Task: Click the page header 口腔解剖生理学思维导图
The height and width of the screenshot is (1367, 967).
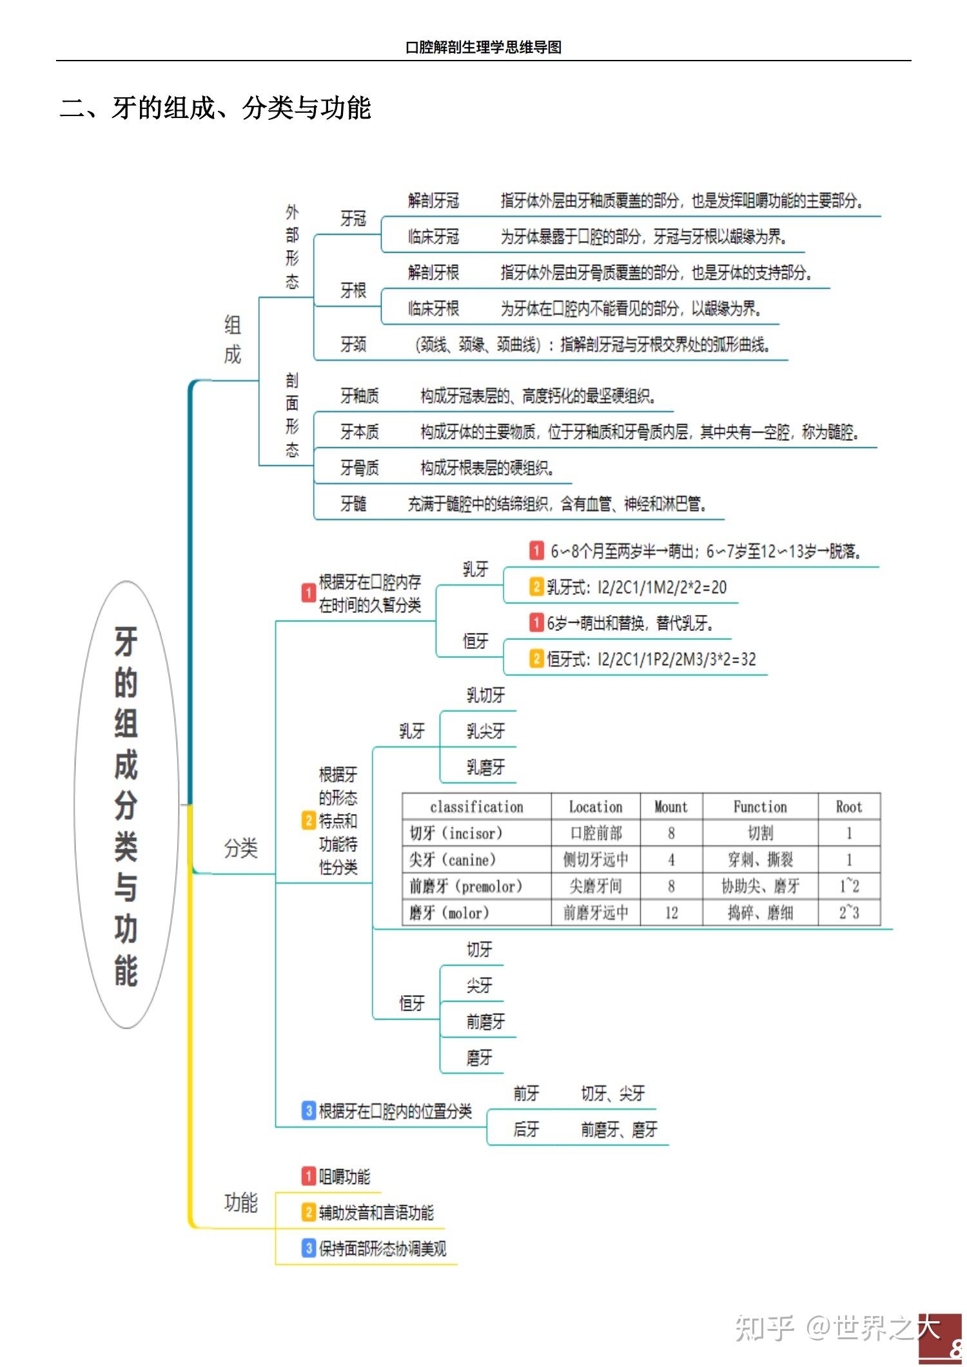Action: click(x=483, y=47)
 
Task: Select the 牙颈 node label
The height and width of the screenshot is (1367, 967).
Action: click(x=353, y=345)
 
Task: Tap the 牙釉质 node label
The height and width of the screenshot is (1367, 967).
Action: click(x=359, y=396)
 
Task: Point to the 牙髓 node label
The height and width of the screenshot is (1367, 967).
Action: click(x=353, y=503)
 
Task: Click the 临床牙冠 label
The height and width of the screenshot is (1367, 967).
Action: click(x=433, y=237)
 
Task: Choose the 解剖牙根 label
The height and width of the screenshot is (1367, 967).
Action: click(x=433, y=273)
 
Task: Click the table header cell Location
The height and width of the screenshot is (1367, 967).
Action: click(x=595, y=807)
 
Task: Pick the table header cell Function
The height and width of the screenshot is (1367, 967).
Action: click(x=760, y=807)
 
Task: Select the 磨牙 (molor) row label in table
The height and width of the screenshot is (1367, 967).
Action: click(x=449, y=913)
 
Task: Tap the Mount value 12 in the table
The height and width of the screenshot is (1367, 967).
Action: click(x=671, y=913)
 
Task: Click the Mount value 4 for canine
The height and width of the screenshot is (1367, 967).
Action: click(x=671, y=860)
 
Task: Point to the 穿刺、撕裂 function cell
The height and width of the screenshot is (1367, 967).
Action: click(x=760, y=860)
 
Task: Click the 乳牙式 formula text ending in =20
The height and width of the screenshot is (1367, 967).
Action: click(x=636, y=587)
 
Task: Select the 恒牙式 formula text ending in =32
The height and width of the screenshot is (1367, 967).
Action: click(x=651, y=659)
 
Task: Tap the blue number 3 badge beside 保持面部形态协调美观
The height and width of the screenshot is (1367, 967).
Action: click(x=309, y=1248)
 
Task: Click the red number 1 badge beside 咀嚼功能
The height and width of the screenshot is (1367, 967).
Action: click(x=309, y=1176)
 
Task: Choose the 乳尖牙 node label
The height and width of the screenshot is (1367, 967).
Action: click(x=485, y=732)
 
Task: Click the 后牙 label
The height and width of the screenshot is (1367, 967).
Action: click(x=526, y=1129)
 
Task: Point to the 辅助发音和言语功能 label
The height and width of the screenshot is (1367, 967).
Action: click(x=376, y=1212)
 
